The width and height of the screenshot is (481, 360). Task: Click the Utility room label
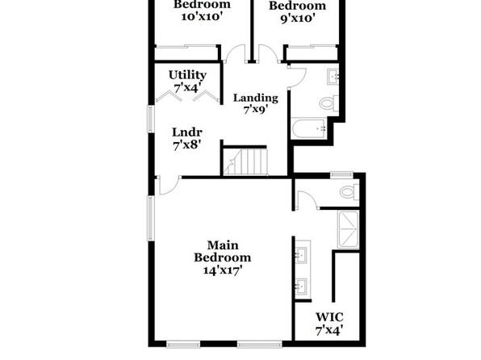187,75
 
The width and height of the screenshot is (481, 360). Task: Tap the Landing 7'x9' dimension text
256,110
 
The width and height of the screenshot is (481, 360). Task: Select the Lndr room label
186,132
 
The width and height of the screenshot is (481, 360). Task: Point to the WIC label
329,316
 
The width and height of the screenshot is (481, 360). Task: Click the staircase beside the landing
245,161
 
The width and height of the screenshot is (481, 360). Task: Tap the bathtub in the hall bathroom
309,129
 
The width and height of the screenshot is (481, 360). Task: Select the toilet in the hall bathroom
328,103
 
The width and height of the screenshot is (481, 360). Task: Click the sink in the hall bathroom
333,77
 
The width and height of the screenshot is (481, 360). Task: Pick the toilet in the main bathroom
349,192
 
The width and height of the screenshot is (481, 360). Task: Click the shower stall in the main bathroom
348,229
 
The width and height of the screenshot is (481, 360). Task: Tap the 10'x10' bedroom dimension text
202,17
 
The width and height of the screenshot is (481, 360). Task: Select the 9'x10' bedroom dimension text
298,19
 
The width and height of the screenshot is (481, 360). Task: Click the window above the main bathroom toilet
341,174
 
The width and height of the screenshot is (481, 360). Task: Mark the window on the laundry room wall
151,119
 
